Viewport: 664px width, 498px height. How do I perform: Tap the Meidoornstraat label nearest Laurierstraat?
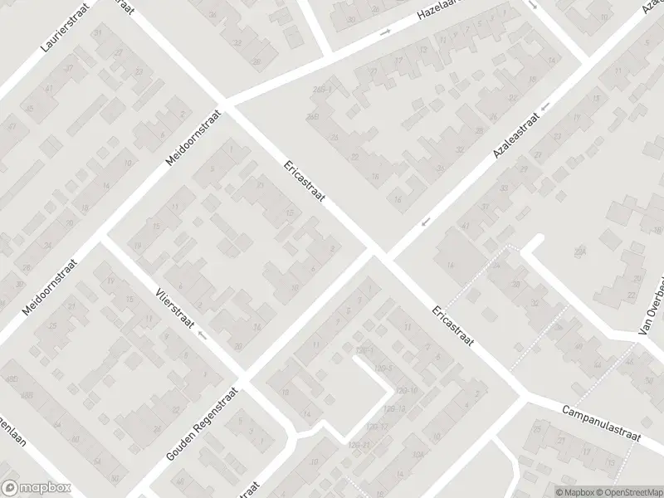tap(195, 137)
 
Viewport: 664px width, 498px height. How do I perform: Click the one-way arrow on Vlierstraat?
tap(203, 336)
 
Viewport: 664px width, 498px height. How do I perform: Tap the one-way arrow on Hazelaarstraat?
tap(385, 33)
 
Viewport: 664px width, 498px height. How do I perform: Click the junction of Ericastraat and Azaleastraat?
tap(379, 251)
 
